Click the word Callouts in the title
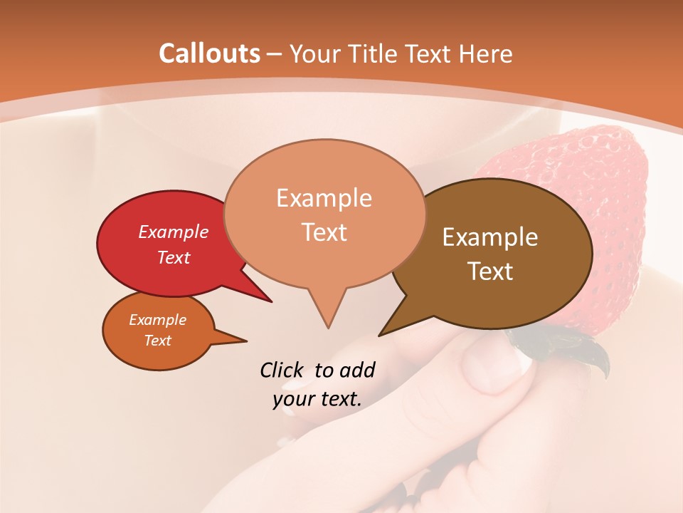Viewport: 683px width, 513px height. coord(209,53)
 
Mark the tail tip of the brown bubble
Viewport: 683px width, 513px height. coord(380,335)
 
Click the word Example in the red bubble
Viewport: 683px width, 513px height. coord(174,232)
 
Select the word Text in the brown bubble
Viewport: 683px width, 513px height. coord(491,271)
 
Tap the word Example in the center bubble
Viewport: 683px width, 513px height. coord(324,197)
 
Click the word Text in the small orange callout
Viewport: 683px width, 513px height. coord(158,341)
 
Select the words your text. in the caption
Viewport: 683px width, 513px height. coord(317,399)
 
